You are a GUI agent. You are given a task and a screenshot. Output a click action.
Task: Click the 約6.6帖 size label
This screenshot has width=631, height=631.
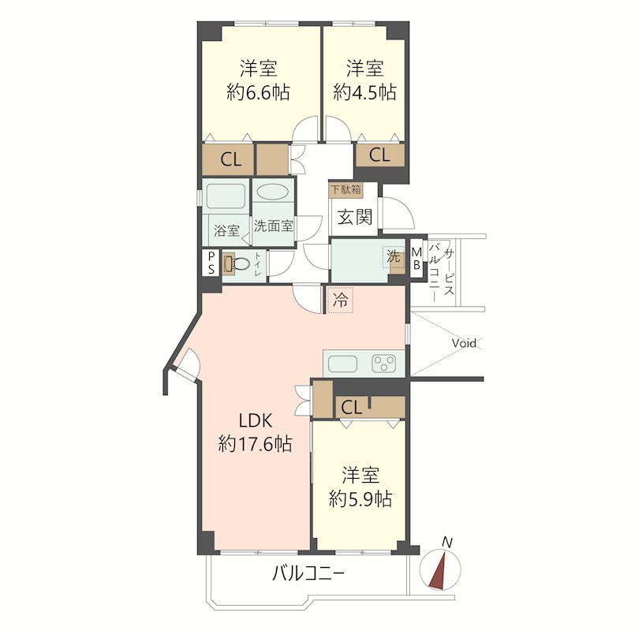[258, 93]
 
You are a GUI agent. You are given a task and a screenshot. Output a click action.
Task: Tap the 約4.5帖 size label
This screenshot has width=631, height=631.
[364, 92]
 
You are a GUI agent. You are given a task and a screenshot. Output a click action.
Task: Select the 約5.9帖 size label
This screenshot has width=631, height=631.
[360, 499]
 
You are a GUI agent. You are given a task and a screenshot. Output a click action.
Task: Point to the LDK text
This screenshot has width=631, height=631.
[256, 421]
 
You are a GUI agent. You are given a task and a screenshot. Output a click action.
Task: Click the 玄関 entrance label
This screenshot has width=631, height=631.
[354, 217]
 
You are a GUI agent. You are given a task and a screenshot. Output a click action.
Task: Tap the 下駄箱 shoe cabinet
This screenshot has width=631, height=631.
[345, 189]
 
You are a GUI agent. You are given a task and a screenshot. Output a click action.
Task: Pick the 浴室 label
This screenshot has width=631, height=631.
[226, 230]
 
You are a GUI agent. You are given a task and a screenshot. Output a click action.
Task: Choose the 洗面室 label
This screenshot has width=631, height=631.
[274, 226]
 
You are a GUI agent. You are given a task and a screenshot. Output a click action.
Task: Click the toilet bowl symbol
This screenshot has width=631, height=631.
[241, 264]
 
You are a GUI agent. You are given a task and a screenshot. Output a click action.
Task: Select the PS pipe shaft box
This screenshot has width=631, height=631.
[211, 263]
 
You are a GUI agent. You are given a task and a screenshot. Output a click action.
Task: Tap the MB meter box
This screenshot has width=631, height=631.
[416, 259]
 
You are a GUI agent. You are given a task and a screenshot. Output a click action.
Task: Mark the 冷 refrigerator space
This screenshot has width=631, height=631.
[341, 300]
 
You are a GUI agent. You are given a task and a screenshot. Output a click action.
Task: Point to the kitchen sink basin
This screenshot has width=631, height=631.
[343, 364]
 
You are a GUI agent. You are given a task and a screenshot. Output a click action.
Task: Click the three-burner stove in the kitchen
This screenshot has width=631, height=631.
[384, 364]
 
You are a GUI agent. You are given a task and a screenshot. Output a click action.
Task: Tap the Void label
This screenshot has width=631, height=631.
[464, 343]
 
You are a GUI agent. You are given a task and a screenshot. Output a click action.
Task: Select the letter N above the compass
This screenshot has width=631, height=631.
[447, 542]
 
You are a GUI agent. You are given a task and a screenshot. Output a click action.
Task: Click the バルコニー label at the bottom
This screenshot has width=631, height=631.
[308, 573]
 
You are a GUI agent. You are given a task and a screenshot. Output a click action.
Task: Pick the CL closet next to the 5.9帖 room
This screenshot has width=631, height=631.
[352, 408]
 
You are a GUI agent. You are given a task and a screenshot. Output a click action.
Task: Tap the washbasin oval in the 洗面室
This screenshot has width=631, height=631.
[272, 192]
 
